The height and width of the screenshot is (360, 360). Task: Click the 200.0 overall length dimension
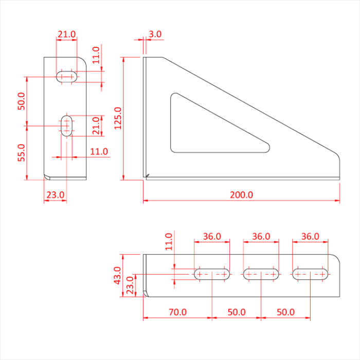pyautogui.click(x=241, y=195)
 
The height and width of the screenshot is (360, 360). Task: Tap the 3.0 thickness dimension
pyautogui.click(x=155, y=34)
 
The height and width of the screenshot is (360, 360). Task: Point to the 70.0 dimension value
pyautogui.click(x=177, y=312)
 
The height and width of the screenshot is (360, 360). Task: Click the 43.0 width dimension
pyautogui.click(x=117, y=275)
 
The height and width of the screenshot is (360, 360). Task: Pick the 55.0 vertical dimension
pyautogui.click(x=21, y=153)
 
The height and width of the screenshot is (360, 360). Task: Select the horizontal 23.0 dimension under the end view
pyautogui.click(x=55, y=195)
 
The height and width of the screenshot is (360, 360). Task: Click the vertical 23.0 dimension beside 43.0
pyautogui.click(x=130, y=284)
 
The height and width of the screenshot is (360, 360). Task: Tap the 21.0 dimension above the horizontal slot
pyautogui.click(x=66, y=34)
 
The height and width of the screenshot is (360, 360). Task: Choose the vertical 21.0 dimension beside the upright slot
pyautogui.click(x=96, y=126)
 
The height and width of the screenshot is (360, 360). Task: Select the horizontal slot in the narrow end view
pyautogui.click(x=66, y=77)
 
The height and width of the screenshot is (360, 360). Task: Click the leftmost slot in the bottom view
pyautogui.click(x=212, y=274)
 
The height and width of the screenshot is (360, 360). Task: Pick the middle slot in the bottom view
pyautogui.click(x=261, y=274)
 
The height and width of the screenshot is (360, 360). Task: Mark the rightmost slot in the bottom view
pyautogui.click(x=311, y=274)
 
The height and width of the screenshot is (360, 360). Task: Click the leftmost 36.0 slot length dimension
pyautogui.click(x=212, y=237)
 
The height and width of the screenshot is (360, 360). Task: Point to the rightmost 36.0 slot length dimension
pyautogui.click(x=310, y=237)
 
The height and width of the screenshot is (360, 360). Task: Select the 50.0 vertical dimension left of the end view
pyautogui.click(x=21, y=101)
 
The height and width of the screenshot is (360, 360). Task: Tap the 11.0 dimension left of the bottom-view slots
pyautogui.click(x=168, y=242)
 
